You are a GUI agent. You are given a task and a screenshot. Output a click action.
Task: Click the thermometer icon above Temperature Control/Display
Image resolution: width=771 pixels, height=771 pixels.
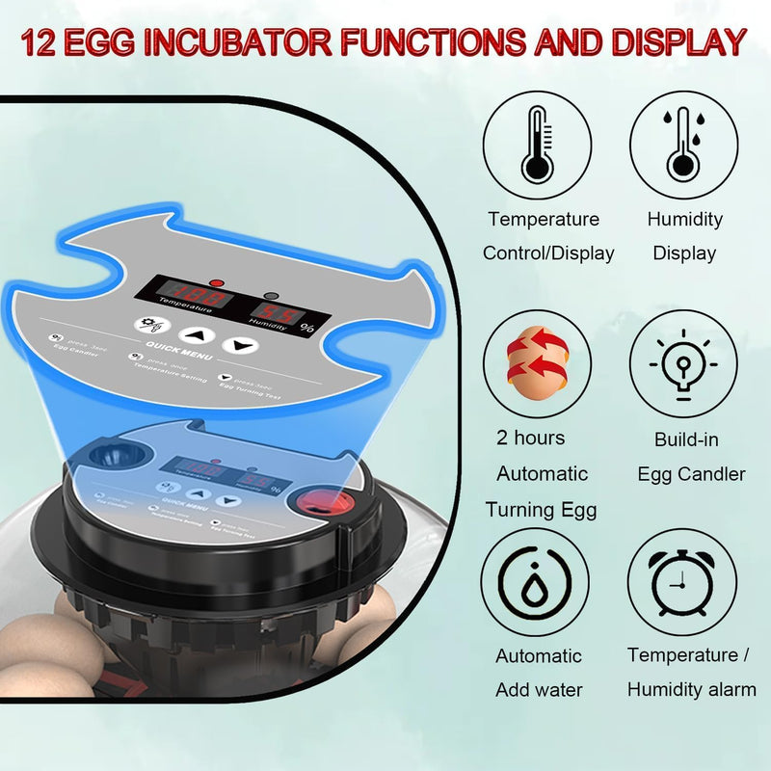[537, 146]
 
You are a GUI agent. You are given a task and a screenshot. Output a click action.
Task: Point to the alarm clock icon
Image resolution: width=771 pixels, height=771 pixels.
[682, 582]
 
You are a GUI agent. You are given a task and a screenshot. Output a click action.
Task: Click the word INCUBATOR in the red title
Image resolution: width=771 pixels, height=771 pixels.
[261, 41]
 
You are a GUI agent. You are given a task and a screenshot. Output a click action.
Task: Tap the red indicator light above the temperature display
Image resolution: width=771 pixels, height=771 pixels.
[216, 283]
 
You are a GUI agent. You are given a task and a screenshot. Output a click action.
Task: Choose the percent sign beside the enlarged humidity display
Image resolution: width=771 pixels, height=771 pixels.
[307, 327]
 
